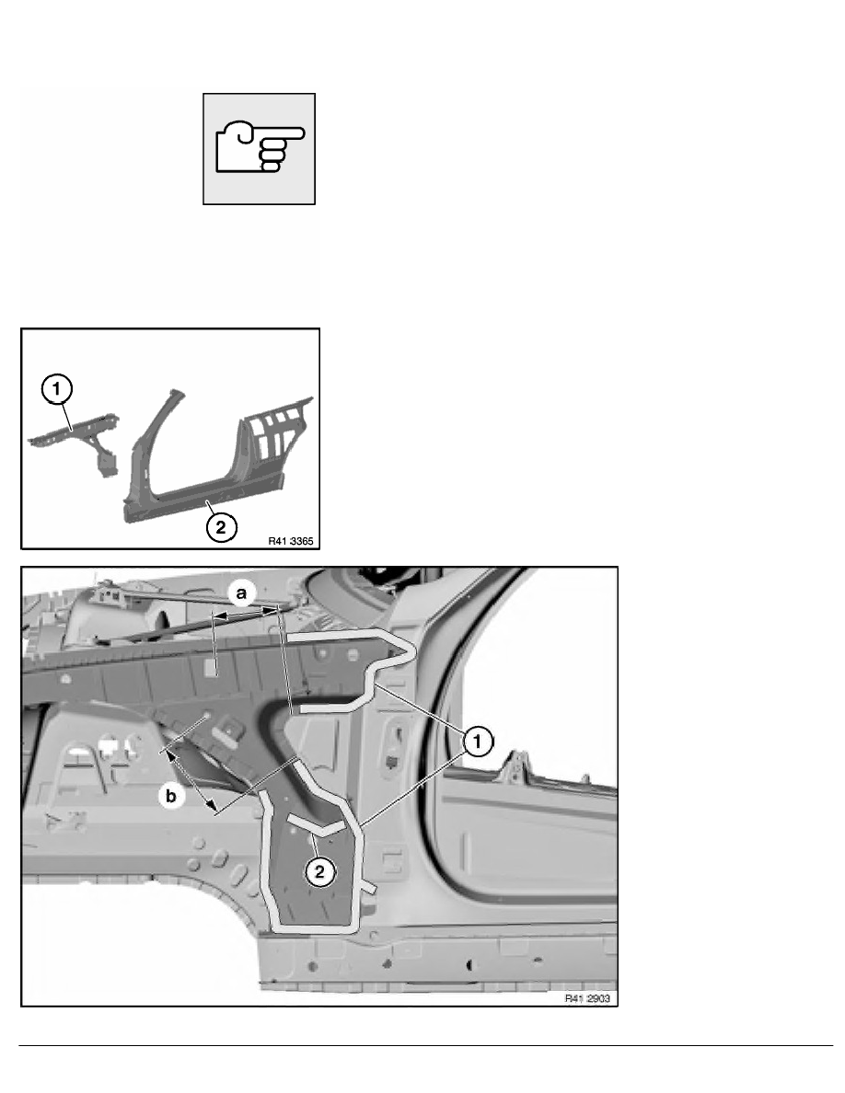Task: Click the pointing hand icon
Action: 259,148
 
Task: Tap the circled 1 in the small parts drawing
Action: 57,389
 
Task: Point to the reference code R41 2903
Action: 586,997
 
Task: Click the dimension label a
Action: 243,595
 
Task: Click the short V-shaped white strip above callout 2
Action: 315,823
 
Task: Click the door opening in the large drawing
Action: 534,699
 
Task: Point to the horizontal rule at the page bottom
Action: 422,1046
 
